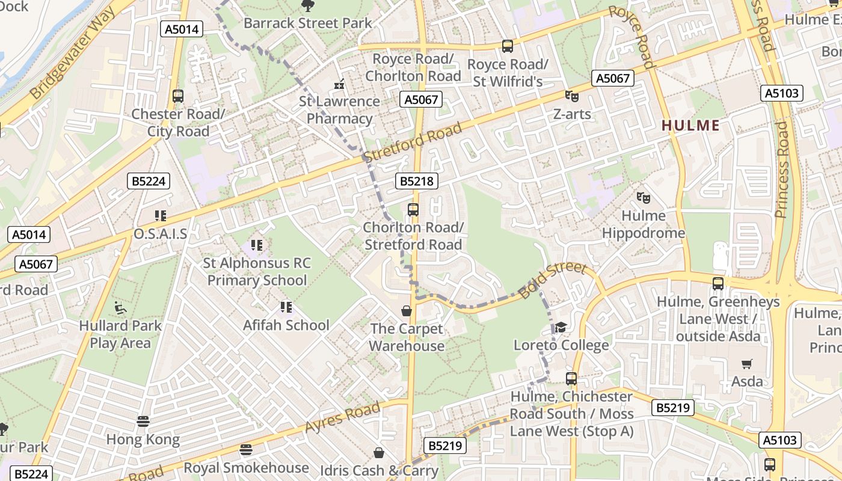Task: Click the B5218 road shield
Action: click(416, 181)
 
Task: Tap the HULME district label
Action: click(690, 126)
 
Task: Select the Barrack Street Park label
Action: click(307, 23)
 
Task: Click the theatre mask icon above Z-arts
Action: click(571, 95)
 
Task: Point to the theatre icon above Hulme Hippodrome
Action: click(643, 197)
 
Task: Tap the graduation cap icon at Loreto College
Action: click(561, 326)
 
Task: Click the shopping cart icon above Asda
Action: click(747, 363)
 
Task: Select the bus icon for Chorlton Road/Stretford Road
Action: click(413, 209)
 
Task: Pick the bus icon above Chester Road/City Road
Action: click(177, 96)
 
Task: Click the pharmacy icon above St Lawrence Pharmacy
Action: click(340, 85)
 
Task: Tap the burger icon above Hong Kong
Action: click(143, 421)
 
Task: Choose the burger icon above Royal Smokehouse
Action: click(245, 449)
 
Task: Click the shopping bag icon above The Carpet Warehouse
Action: click(407, 311)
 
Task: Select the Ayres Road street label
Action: click(342, 417)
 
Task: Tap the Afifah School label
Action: click(286, 325)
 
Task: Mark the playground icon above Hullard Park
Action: click(120, 308)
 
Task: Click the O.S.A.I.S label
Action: click(160, 233)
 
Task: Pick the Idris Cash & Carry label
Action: click(379, 470)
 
